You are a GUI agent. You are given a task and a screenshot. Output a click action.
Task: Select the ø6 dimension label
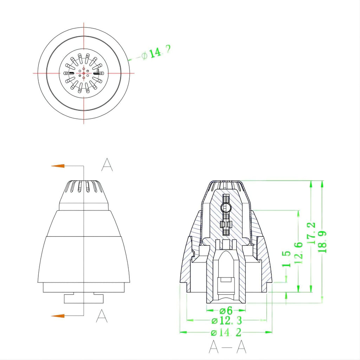point(226,310)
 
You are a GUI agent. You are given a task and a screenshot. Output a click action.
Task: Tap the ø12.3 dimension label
point(227,321)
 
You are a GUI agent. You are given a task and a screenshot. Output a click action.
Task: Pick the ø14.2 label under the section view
point(226,332)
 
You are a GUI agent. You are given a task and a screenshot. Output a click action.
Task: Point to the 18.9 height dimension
point(322,242)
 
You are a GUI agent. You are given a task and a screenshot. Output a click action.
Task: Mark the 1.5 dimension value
point(286,259)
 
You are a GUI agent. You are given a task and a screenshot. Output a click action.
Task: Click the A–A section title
point(227,347)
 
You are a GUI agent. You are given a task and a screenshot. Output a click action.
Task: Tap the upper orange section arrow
point(58,166)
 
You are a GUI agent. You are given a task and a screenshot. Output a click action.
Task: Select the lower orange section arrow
point(58,316)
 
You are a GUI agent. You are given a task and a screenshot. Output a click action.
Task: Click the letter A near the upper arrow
point(107,165)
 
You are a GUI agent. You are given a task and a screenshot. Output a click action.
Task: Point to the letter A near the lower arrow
point(102,316)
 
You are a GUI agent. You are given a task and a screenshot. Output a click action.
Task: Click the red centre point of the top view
point(84,73)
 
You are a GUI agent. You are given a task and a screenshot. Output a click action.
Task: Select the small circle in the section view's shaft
point(226,208)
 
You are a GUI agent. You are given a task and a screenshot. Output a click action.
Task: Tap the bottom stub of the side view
point(84,298)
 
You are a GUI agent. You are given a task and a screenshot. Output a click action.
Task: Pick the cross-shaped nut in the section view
point(226,224)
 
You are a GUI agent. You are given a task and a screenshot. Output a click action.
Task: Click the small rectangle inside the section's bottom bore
point(226,280)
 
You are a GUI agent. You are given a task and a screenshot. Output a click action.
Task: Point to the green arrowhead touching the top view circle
point(130,60)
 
